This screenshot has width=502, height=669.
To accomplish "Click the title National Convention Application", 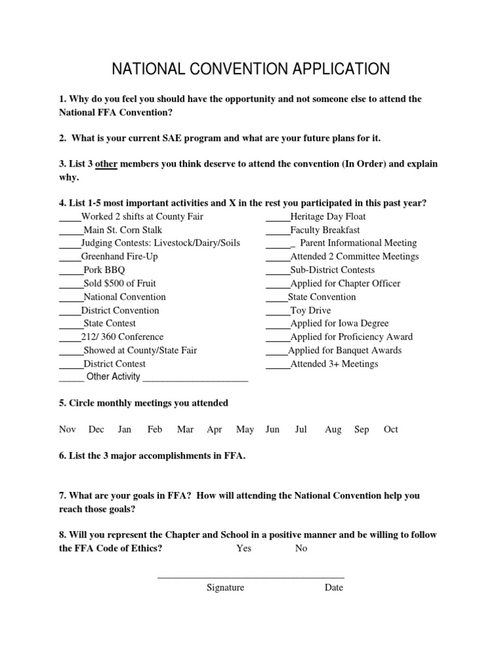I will tap(251, 69).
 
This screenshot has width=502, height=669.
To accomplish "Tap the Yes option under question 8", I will tap(244, 548).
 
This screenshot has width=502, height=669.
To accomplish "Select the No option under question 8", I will tap(301, 548).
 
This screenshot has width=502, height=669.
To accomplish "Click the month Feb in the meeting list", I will tap(155, 429).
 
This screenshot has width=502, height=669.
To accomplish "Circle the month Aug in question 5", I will tap(333, 429).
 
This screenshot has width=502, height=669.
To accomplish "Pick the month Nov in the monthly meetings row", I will tap(67, 429).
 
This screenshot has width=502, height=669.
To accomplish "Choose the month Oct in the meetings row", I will tap(391, 429).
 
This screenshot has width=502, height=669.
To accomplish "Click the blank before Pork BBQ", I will tap(71, 270).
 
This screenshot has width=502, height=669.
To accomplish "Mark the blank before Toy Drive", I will tap(277, 311).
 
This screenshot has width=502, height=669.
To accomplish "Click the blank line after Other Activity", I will tap(195, 378).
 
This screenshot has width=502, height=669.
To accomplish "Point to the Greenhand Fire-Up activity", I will tap(120, 257).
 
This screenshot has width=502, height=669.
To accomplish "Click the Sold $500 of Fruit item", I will tap(120, 284).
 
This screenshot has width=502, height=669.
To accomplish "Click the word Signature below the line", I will tap(226, 587).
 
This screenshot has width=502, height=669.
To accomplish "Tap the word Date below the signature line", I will tap(333, 587).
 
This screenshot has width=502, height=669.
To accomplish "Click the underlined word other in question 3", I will tap(107, 163).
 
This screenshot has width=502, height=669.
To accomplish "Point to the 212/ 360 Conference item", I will tap(122, 337).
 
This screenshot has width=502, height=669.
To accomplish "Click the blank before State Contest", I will tap(71, 324).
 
